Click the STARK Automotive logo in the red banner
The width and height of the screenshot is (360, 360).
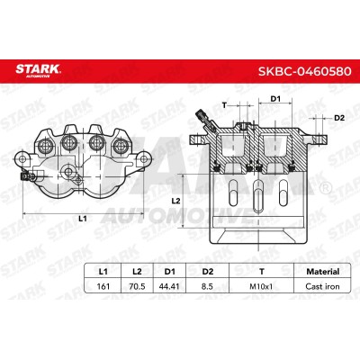pos(38,70)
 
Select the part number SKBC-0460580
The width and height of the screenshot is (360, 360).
pos(305,71)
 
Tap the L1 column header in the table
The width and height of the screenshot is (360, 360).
pos(103,272)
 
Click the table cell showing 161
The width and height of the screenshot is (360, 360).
pos(103,286)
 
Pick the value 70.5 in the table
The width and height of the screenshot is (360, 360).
pos(137,286)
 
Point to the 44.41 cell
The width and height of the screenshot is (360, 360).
pos(169,286)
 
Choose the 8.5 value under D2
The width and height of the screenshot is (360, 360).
pos(207,286)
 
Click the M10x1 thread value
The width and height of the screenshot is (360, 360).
pos(261,286)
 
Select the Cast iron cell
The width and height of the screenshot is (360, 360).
pos(322,286)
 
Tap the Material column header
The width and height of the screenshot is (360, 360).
pos(323,272)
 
